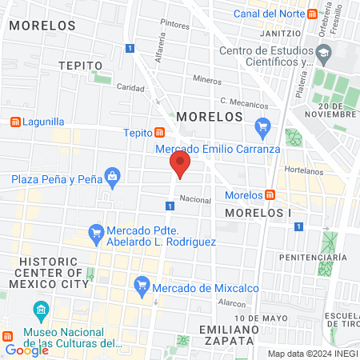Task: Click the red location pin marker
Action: (x=180, y=166)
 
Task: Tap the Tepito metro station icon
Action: (x=160, y=133)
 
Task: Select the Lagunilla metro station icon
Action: (x=14, y=122)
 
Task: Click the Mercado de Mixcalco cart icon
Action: (x=142, y=283)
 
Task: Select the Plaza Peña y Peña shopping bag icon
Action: (x=112, y=175)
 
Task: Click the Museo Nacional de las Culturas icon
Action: (x=40, y=310)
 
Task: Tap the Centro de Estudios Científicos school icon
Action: (x=323, y=54)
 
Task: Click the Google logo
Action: (x=26, y=350)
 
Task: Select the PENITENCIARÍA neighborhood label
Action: (x=313, y=257)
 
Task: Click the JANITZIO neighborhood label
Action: (x=285, y=34)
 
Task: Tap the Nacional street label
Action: (x=194, y=199)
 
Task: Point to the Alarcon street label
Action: (x=230, y=303)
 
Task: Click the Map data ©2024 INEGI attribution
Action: (x=312, y=353)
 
